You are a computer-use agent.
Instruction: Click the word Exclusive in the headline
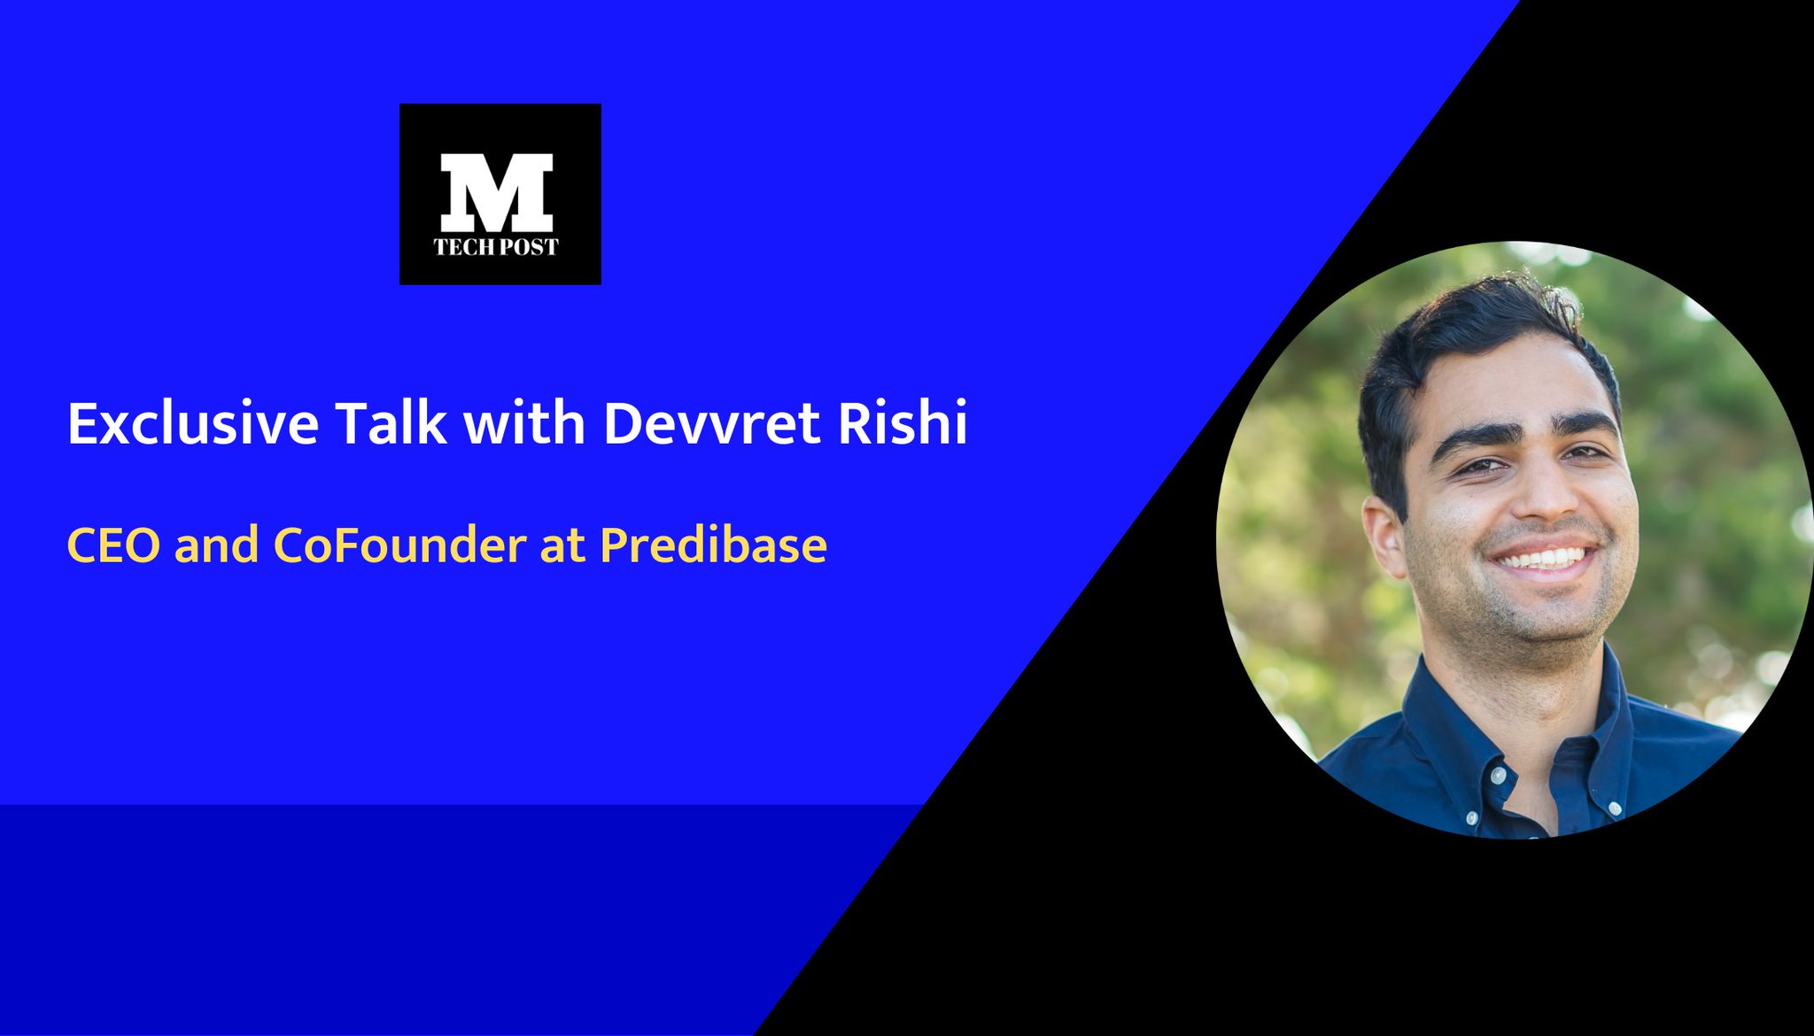pos(192,423)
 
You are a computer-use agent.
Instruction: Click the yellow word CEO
pos(113,545)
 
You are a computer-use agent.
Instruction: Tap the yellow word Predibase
pos(713,545)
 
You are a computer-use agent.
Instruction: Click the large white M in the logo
pos(497,192)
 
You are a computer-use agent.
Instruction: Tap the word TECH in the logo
pos(462,247)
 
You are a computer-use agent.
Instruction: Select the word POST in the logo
pos(529,247)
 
